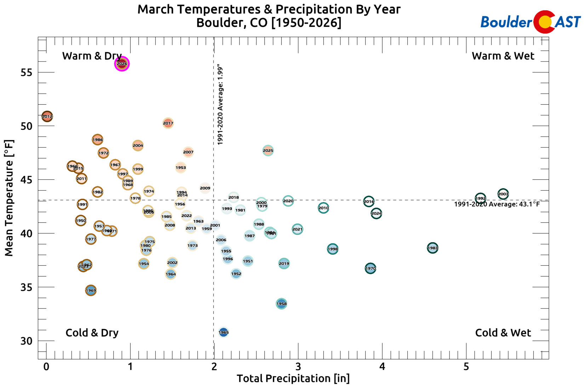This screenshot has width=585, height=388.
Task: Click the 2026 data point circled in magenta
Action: coord(122,64)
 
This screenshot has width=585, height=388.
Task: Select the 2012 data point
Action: coord(47,116)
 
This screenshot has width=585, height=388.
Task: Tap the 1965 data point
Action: coord(223,332)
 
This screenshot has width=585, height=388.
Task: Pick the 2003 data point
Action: coord(503,194)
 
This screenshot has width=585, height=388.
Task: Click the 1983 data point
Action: coord(432,248)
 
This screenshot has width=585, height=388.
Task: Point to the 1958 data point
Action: coord(281,303)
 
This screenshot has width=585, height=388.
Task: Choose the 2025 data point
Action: coord(268,150)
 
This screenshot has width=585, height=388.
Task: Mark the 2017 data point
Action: coord(168,123)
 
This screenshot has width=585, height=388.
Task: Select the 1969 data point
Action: coord(91,290)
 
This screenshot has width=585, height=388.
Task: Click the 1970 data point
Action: coord(370,268)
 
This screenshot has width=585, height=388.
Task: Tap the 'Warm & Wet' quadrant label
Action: coord(503,56)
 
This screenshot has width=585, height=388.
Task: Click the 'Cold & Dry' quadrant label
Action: coord(92,333)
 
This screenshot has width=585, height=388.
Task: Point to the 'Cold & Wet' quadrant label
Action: coord(503,333)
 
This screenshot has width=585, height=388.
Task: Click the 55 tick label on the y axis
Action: coord(26,73)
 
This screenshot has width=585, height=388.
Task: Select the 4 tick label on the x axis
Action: coord(382,367)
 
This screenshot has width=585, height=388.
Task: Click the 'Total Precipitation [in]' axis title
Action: coord(293,378)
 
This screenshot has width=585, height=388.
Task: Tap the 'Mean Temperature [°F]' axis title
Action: coord(9,198)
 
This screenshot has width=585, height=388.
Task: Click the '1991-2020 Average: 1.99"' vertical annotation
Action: coord(220,105)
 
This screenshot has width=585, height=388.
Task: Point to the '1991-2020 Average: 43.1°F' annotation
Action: coord(497,204)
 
